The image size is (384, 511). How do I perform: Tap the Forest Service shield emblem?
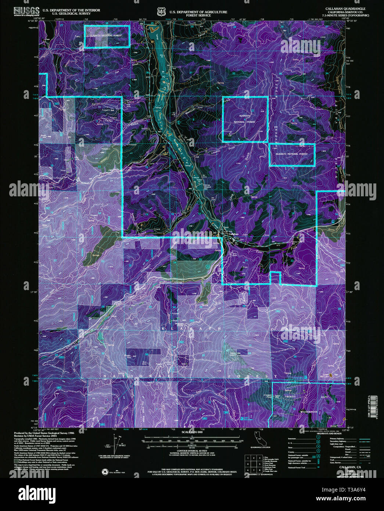pyautogui.click(x=161, y=12)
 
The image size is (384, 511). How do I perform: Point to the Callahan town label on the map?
pyautogui.click(x=233, y=234)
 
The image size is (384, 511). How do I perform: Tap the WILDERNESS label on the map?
pyautogui.click(x=308, y=412)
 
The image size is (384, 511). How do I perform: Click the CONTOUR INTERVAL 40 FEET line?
pyautogui.click(x=192, y=450)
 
